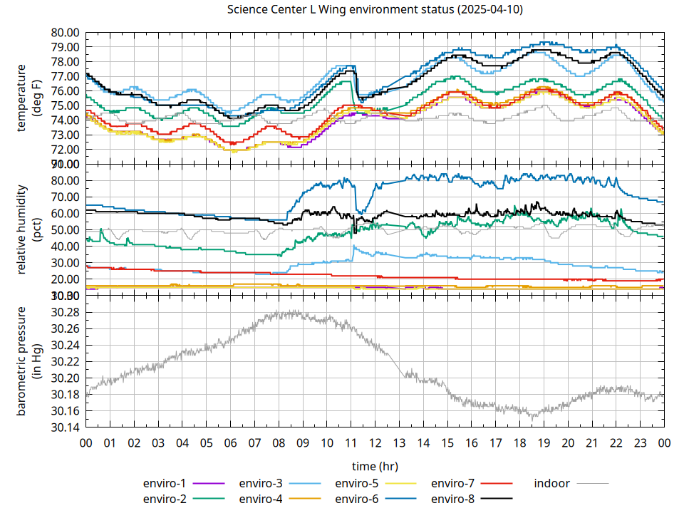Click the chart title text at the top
click(x=375, y=10)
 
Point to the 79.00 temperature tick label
click(x=65, y=47)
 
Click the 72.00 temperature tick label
click(x=65, y=150)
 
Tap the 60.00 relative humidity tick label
click(x=65, y=214)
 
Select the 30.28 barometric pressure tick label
click(x=65, y=313)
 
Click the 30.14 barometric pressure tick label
click(x=65, y=427)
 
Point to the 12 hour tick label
click(x=375, y=443)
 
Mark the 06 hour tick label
click(x=230, y=443)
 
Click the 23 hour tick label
click(x=640, y=443)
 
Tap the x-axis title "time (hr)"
click(x=375, y=466)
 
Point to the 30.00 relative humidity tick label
click(x=65, y=263)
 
